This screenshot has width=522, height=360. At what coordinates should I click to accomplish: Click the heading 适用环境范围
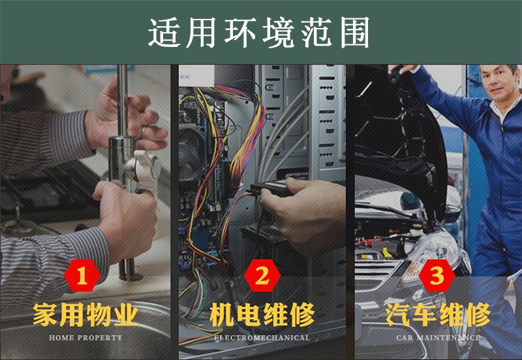pos(258,33)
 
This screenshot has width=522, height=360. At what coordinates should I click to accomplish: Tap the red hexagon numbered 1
pos(82,276)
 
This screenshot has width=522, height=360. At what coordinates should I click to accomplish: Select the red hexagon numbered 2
pos(262,276)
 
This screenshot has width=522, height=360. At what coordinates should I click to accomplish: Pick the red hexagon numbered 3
pos(437,276)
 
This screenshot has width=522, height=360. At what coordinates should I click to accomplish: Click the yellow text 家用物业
pos(85,314)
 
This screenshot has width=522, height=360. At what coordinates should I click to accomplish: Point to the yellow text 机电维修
pos(262,314)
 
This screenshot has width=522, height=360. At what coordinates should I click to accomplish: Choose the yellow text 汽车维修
pos(438,314)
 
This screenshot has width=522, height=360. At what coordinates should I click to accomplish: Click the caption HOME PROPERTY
pos(85,338)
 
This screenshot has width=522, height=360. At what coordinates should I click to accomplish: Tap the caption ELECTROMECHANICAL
pos(262,338)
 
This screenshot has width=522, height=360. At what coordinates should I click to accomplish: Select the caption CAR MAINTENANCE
pos(438,338)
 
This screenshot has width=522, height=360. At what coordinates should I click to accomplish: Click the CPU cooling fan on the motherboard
pos(191,154)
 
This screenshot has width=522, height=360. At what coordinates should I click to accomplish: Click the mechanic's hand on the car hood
pos(402,69)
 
